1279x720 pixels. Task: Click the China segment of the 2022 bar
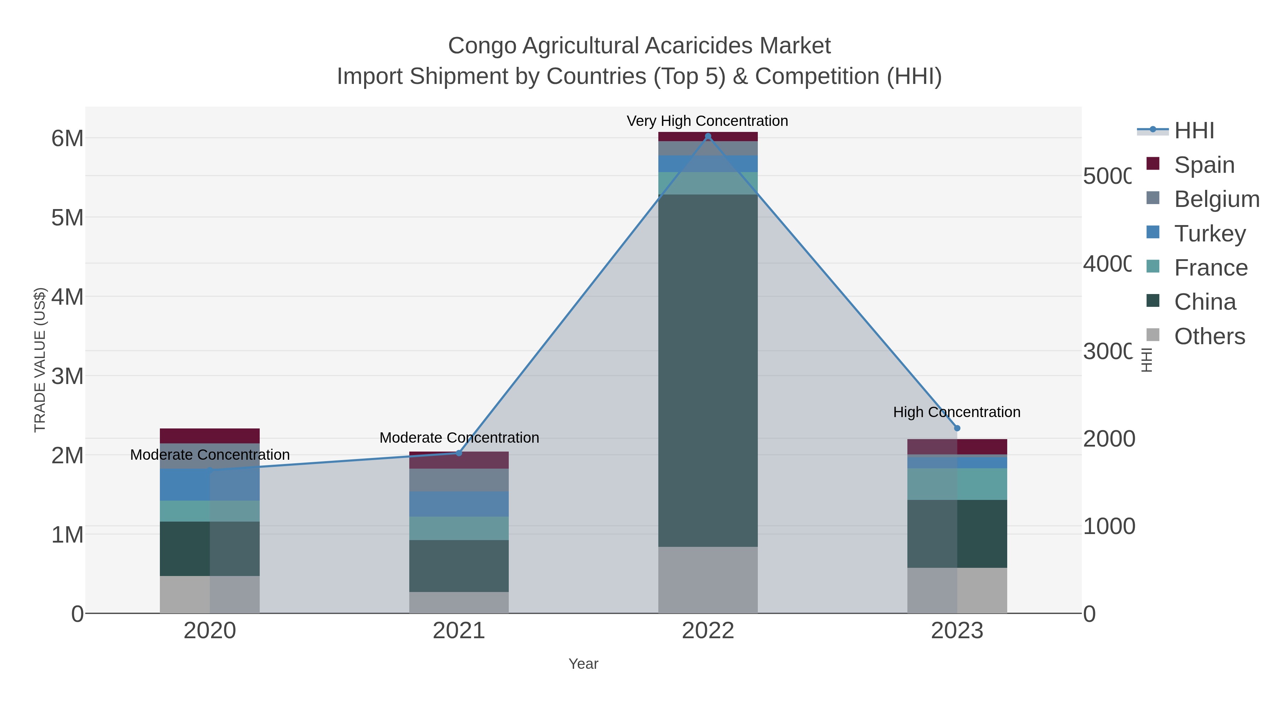tap(707, 370)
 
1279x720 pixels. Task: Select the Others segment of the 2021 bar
tap(459, 602)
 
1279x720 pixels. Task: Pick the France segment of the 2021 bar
tap(459, 528)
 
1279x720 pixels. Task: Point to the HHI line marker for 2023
tap(957, 428)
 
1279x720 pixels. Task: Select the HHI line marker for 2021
tap(459, 453)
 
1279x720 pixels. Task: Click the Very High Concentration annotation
tap(707, 121)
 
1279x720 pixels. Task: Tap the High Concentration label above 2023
tap(957, 412)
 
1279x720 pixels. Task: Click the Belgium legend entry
tap(1216, 199)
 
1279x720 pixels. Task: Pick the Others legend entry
tap(1209, 336)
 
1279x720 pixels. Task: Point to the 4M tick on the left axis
tap(68, 297)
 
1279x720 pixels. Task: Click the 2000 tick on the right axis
tap(1108, 439)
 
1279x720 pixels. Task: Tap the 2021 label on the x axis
tap(459, 630)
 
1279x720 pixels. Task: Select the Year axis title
tap(583, 664)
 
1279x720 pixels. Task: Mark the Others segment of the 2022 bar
tap(707, 580)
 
